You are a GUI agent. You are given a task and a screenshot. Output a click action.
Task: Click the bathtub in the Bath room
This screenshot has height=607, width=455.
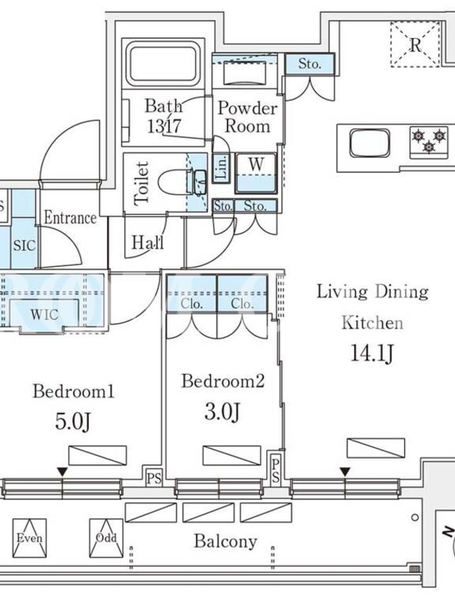163,64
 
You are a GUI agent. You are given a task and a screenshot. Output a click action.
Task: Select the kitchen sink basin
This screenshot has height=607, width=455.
369,143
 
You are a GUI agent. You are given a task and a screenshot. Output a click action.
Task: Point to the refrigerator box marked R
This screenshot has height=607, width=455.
415,44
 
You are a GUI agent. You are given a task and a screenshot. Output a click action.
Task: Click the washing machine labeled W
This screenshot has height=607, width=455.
256,173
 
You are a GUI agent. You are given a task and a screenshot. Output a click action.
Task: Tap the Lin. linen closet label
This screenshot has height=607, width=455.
221,168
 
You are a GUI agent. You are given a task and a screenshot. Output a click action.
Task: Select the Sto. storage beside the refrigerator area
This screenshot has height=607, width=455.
309,64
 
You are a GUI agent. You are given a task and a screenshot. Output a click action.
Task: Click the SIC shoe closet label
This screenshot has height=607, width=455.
24,245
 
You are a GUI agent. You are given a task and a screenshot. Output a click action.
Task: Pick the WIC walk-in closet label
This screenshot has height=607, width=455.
45,314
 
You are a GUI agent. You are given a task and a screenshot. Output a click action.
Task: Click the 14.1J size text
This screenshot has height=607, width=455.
372,354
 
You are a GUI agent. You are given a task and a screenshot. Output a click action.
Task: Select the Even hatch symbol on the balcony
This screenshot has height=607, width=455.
30,538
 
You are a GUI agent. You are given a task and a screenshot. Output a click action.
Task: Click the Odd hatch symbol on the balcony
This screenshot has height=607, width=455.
106,538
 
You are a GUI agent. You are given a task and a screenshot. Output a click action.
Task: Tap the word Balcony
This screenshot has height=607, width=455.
225,541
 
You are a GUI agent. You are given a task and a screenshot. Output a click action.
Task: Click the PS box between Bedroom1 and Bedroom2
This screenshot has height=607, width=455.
154,479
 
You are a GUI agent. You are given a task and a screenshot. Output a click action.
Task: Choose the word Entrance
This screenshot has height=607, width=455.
70,218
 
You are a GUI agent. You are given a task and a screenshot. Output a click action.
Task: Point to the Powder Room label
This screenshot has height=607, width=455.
247,117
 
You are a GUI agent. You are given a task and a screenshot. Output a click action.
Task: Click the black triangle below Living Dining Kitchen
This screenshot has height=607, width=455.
345,472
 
